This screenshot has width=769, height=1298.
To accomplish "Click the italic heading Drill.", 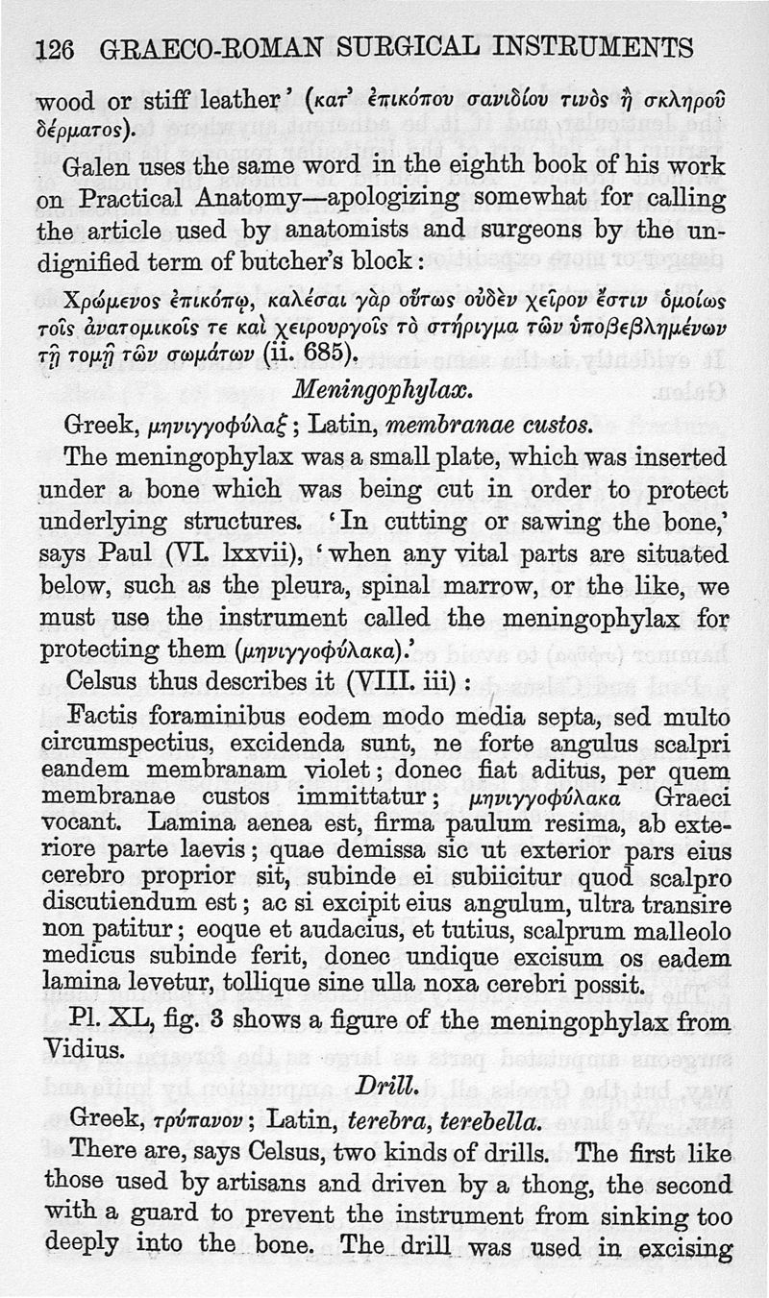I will click(x=384, y=1085).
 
